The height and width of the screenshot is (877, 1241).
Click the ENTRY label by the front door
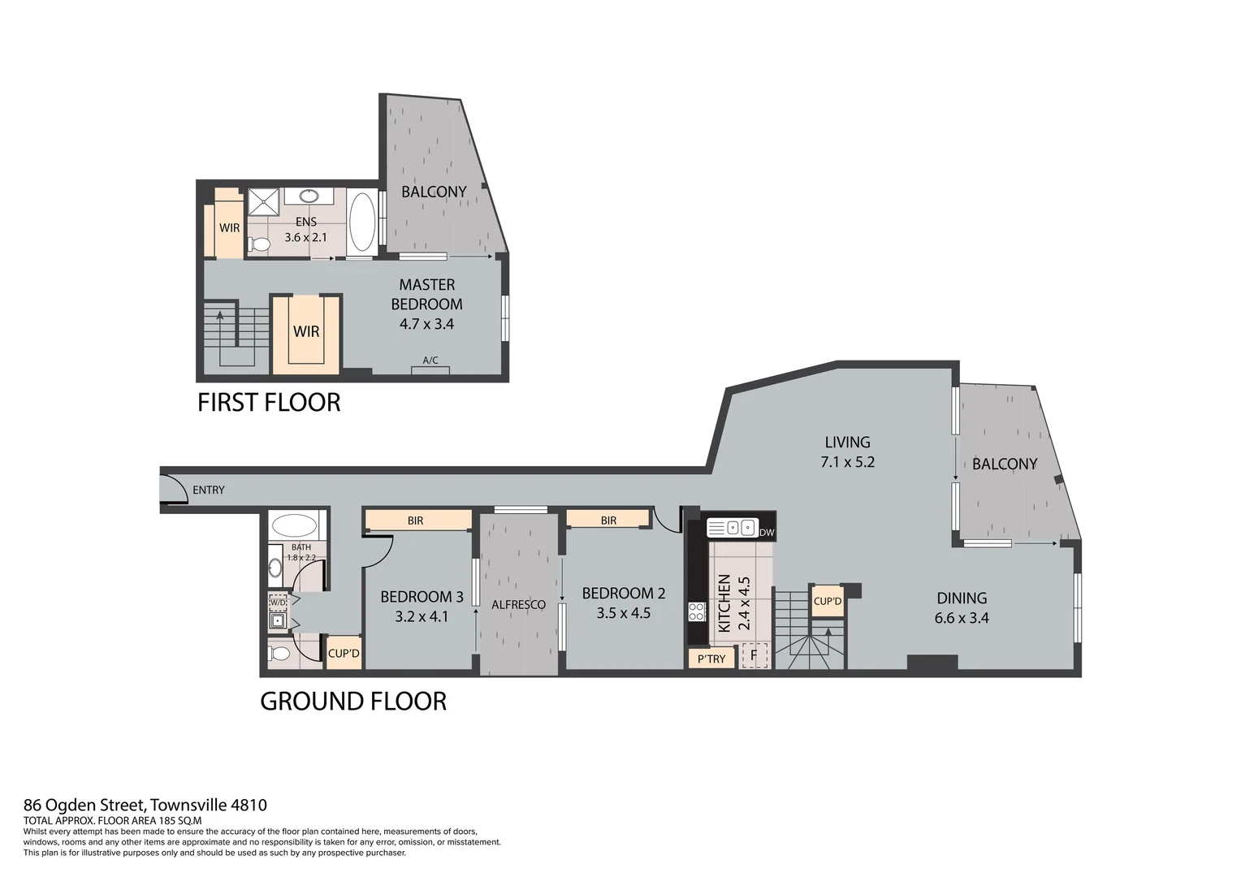[209, 490]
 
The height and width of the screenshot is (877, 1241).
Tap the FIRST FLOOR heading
[269, 402]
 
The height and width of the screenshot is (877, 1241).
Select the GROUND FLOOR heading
[353, 701]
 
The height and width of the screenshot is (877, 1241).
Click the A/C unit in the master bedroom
[430, 369]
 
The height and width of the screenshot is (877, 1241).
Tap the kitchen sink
[732, 529]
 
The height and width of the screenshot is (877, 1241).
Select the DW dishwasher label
[767, 533]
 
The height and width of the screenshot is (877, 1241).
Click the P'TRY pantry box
[711, 659]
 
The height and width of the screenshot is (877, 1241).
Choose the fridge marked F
[754, 655]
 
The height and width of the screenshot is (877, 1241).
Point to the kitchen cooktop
[697, 611]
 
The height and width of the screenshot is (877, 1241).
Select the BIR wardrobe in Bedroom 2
[608, 520]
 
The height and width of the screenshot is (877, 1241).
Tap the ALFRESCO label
[518, 604]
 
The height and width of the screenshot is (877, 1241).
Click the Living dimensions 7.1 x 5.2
[847, 462]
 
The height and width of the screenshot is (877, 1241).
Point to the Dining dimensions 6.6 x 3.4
[962, 618]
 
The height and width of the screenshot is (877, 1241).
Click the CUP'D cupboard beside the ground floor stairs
[827, 602]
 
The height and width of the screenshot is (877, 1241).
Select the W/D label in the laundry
[278, 603]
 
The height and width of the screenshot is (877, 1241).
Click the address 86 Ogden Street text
[145, 806]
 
